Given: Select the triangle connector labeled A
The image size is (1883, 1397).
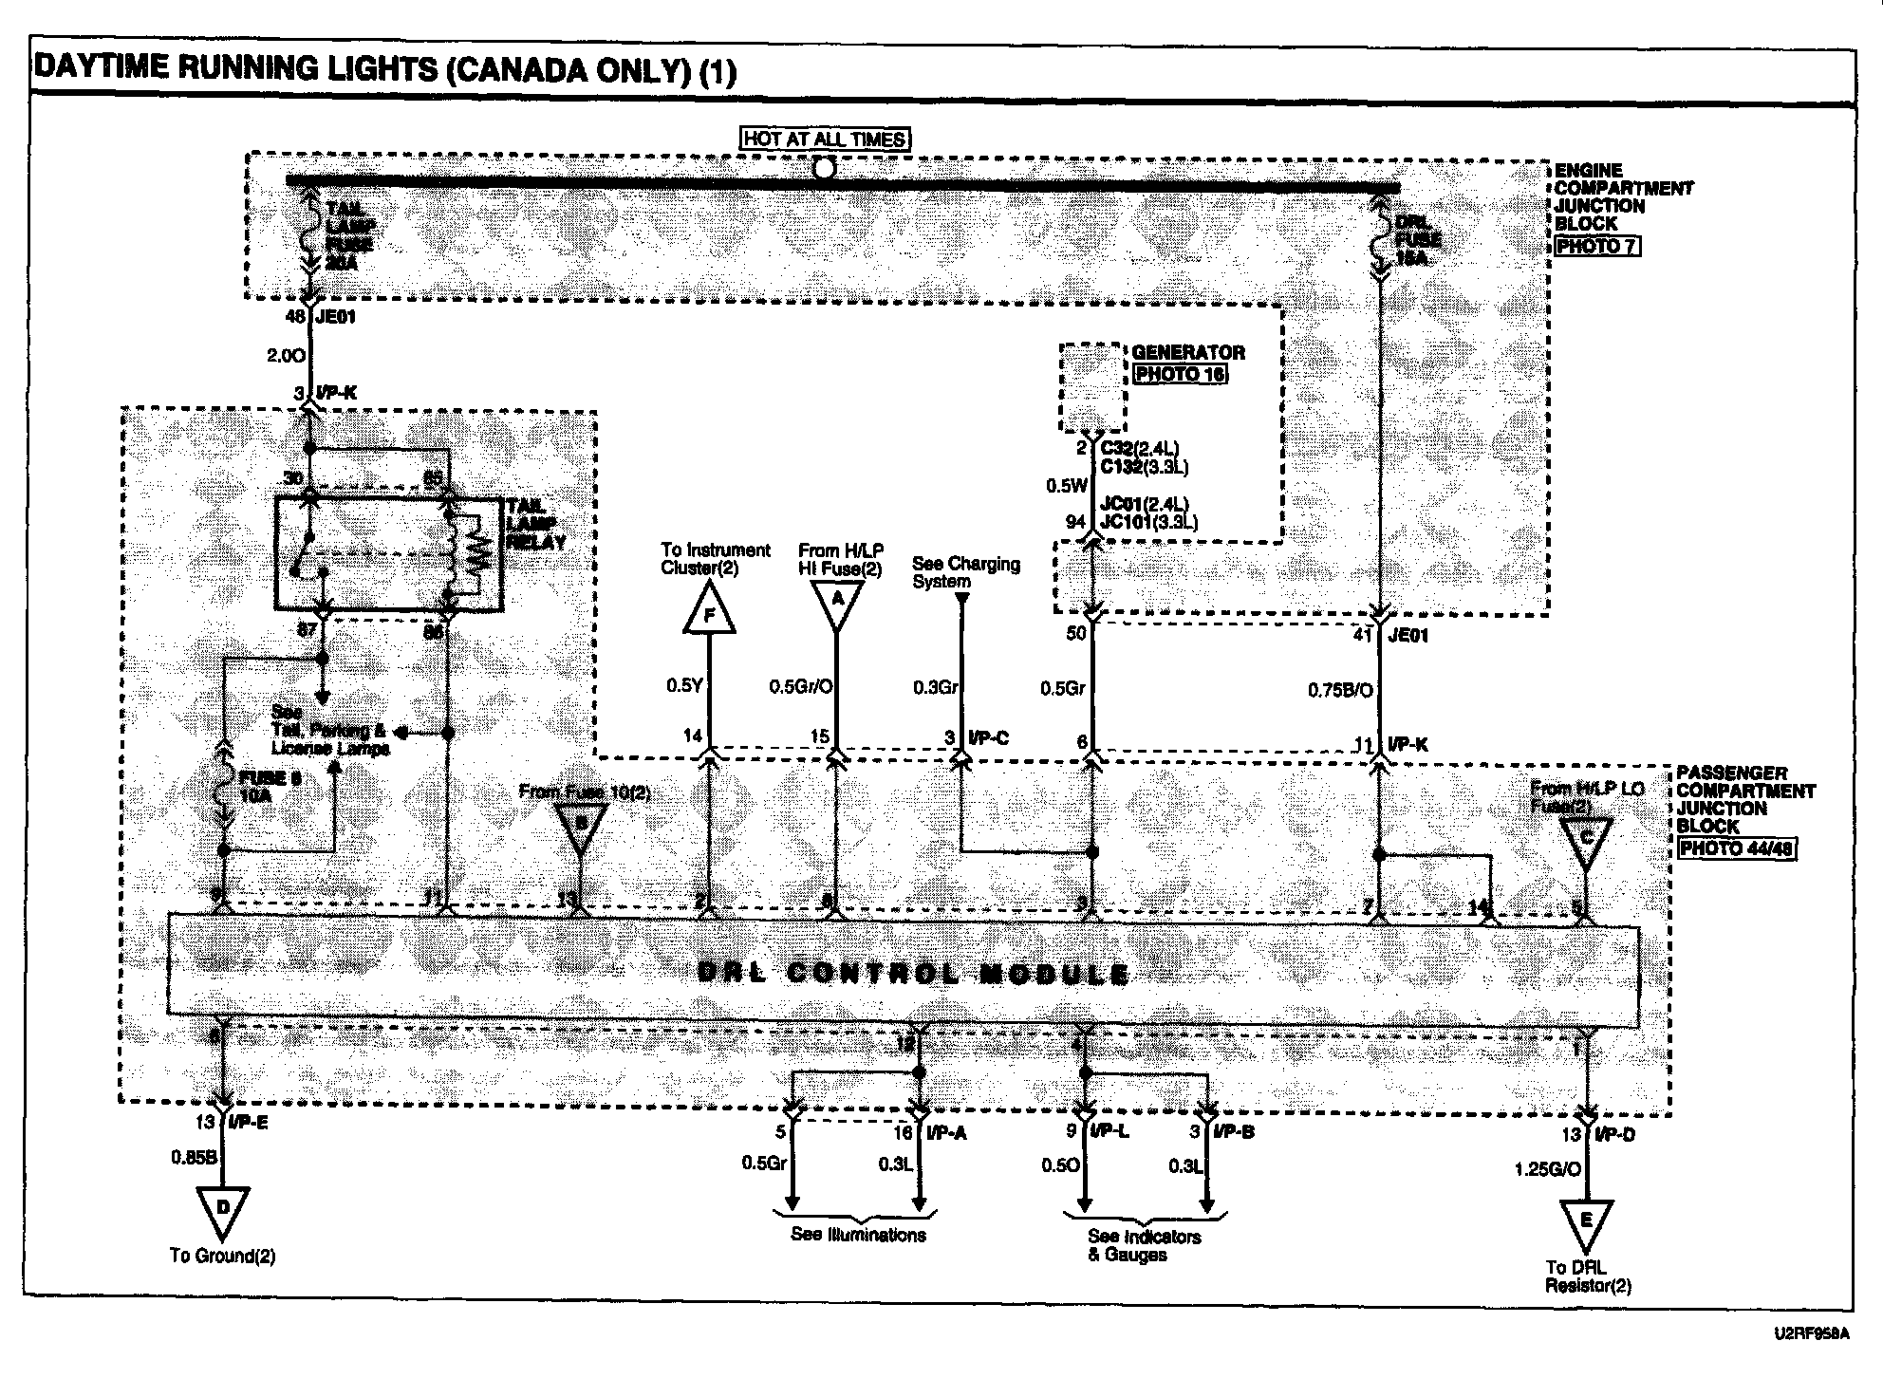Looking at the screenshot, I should [x=836, y=602].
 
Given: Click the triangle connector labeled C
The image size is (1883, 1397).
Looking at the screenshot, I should [x=1585, y=841].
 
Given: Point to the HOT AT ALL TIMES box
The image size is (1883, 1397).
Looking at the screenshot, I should [x=824, y=140].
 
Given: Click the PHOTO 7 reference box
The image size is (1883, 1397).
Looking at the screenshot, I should [x=1596, y=246].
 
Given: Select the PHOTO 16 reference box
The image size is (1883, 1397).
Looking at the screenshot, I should [x=1180, y=373].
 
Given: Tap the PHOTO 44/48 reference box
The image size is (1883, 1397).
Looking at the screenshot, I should [x=1736, y=848].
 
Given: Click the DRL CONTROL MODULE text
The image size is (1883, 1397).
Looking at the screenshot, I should [x=912, y=973].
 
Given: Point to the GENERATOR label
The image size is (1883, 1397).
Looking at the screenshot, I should [x=1187, y=352].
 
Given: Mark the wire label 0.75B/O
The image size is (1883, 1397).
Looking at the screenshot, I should [x=1340, y=690].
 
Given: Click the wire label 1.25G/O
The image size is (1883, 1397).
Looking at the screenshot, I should [x=1547, y=1169].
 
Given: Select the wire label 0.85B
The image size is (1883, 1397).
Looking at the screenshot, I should [x=194, y=1157].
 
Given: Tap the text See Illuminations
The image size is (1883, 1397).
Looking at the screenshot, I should [x=858, y=1235].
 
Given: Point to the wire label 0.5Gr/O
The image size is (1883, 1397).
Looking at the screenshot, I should [x=800, y=685].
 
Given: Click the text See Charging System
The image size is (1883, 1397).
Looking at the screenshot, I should [x=965, y=572].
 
